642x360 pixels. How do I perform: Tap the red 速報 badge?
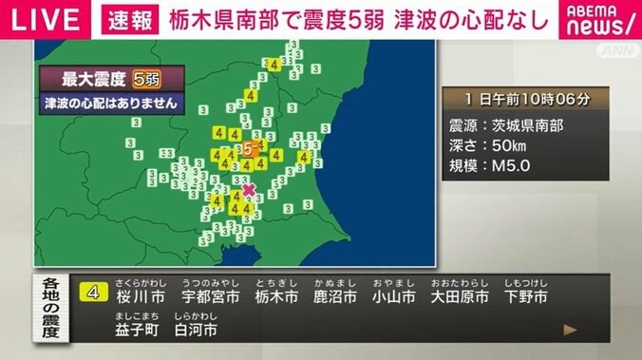[x=124, y=20]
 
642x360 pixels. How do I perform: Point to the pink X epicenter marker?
[x=249, y=189]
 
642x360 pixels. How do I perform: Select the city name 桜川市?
[x=141, y=297]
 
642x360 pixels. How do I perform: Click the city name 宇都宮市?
[x=210, y=297]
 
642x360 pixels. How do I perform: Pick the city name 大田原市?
[x=460, y=297]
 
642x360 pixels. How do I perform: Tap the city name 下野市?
[x=524, y=297]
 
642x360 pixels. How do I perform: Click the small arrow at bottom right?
[x=570, y=330]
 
